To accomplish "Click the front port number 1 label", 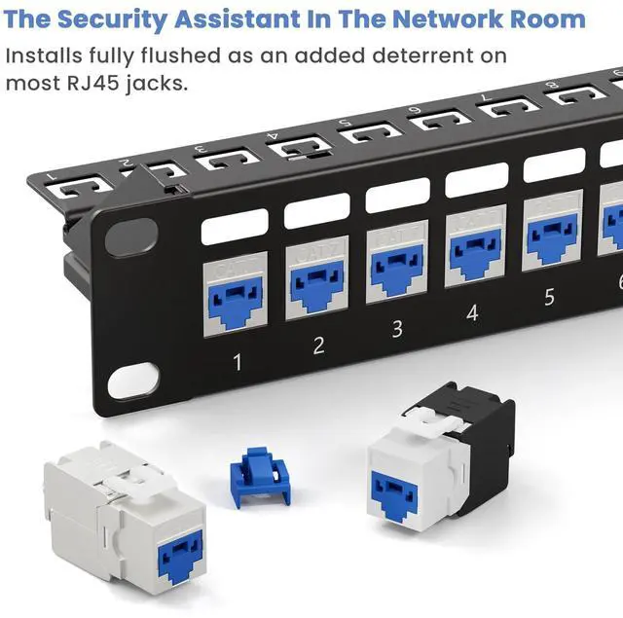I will (x=237, y=362).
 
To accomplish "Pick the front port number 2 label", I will (x=318, y=345).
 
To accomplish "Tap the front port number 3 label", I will (x=397, y=328).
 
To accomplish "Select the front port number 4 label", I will (x=472, y=313).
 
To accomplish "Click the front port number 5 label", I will (x=549, y=297).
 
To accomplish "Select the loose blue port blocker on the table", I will (x=260, y=477).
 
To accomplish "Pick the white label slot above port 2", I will (x=316, y=210).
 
